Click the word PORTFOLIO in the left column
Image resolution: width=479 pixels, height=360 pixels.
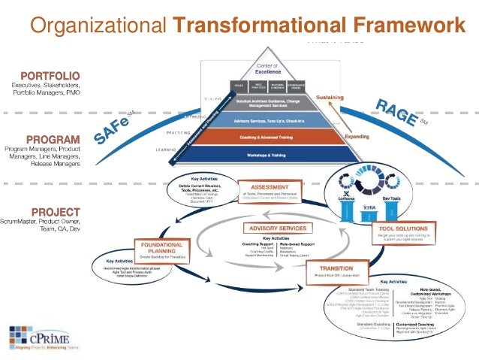(x=51, y=76)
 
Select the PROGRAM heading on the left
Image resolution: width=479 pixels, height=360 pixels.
(x=53, y=140)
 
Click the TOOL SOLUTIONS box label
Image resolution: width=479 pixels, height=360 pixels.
(x=397, y=228)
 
